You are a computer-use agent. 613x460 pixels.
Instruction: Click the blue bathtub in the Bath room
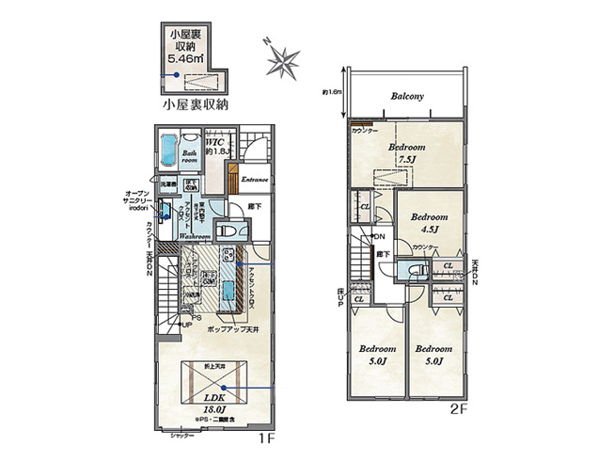(x=169, y=150)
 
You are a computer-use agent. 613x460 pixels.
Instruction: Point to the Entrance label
(x=255, y=179)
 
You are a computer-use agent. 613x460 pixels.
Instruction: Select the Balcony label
(x=406, y=96)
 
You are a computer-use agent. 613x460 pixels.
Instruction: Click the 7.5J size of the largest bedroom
(x=407, y=159)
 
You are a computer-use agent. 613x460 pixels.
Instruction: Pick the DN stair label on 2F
(x=381, y=236)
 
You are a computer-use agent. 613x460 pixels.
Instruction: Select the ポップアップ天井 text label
(x=231, y=333)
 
